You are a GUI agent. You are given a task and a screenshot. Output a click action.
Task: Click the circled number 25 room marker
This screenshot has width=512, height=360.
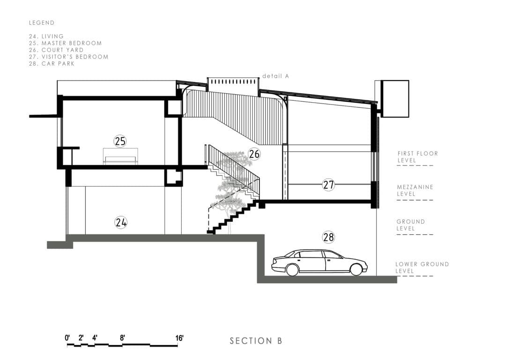click(x=120, y=141)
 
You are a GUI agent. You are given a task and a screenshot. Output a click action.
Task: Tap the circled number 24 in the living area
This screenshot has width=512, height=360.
click(x=121, y=222)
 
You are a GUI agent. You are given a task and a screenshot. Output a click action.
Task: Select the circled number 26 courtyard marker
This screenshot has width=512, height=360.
click(x=254, y=154)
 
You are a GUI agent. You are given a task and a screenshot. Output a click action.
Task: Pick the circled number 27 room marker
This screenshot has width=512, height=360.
click(x=329, y=185)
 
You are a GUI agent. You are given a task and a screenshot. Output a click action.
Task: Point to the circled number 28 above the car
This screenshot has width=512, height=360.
click(x=329, y=237)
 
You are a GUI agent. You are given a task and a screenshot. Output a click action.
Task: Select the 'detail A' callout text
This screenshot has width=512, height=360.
click(x=275, y=76)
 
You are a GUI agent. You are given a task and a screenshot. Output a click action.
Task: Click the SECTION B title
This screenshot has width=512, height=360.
click(x=256, y=341)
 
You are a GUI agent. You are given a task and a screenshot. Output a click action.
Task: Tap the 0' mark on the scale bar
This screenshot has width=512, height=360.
click(x=67, y=337)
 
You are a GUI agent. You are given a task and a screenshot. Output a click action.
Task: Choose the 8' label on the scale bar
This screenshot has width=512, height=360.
click(x=122, y=337)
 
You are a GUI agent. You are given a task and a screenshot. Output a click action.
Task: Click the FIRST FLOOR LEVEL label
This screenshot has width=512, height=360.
click(x=417, y=157)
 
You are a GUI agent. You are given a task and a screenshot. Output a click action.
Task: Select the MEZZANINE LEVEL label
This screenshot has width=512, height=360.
click(x=415, y=190)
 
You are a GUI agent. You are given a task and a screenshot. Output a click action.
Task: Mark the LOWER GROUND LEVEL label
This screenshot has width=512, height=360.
click(x=422, y=267)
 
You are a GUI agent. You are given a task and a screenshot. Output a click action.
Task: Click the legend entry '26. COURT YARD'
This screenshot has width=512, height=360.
click(x=56, y=50)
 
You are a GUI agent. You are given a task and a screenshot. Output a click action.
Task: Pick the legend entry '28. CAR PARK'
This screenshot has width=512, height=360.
click(x=52, y=64)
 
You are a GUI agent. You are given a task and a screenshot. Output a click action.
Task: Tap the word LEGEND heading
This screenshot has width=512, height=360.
click(x=42, y=22)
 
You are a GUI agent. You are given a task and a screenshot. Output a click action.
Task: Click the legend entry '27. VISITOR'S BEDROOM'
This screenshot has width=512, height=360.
click(x=68, y=57)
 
